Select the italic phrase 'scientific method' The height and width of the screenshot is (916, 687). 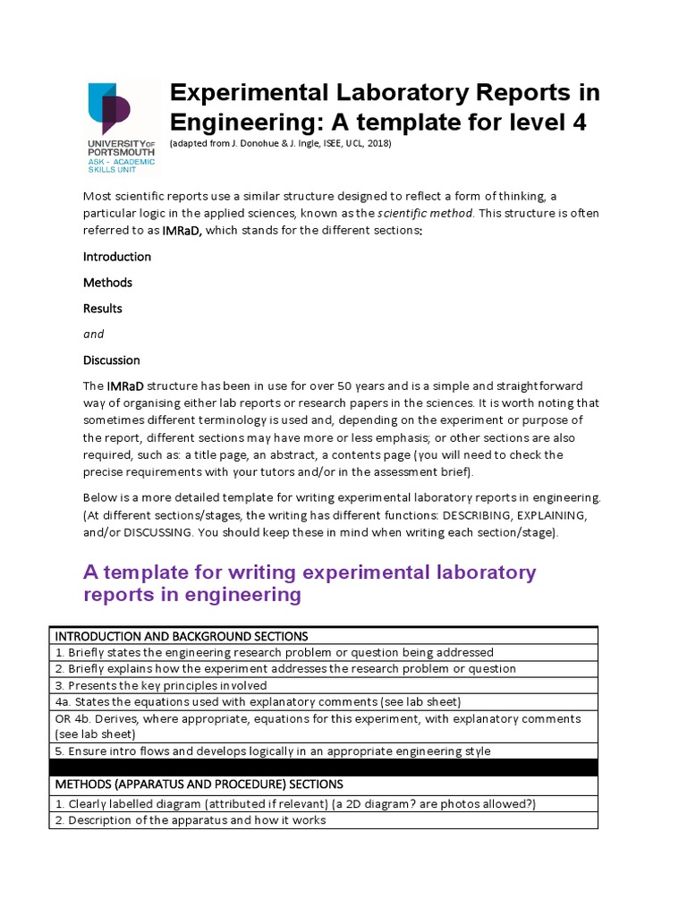(x=428, y=213)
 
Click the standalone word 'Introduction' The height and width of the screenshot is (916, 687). (x=117, y=257)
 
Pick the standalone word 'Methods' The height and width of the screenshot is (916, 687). (x=107, y=283)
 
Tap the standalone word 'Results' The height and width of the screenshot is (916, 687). (x=103, y=309)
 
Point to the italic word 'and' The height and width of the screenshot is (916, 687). (x=94, y=335)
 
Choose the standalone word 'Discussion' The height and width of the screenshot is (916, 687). (x=112, y=360)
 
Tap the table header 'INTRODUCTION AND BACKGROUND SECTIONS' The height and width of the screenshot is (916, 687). (x=182, y=636)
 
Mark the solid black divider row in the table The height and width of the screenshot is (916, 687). (x=323, y=768)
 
